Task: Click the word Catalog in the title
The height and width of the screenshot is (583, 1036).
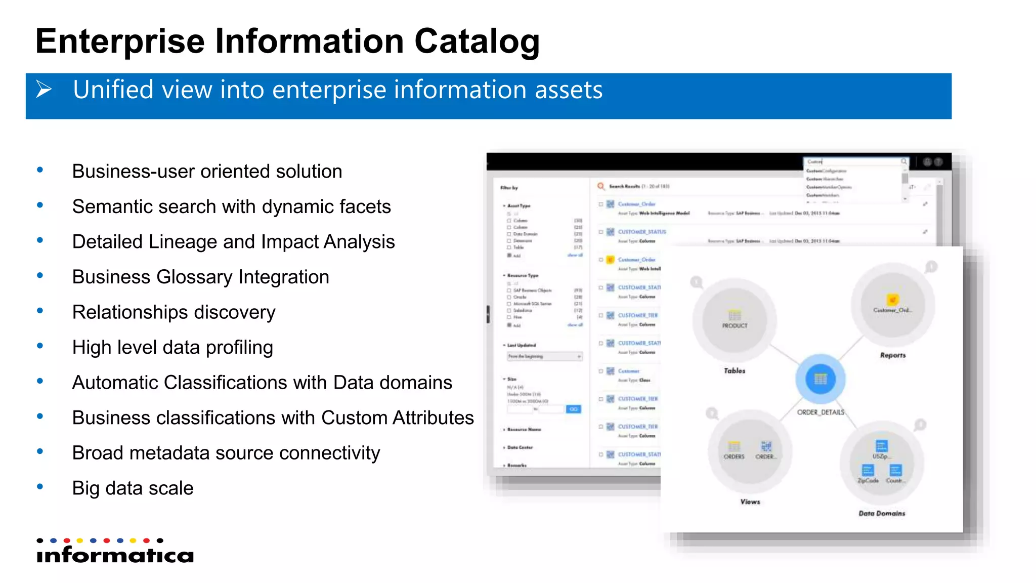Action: click(x=477, y=41)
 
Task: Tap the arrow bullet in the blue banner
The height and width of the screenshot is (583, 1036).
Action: click(x=44, y=90)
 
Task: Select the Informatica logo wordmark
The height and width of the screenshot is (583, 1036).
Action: click(x=115, y=555)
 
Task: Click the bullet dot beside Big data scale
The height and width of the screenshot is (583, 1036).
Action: click(x=40, y=487)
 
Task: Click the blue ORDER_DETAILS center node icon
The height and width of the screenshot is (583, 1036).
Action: click(x=821, y=379)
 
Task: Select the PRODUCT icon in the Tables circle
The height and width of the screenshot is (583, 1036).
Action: click(x=735, y=315)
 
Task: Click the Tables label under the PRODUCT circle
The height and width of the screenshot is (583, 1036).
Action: click(x=735, y=371)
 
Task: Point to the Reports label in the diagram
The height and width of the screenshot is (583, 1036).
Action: click(x=893, y=355)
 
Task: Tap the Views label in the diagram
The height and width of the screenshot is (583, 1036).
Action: click(x=750, y=502)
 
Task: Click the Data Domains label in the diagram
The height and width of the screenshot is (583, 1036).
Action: click(x=882, y=513)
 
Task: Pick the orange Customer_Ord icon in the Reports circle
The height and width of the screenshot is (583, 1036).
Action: click(x=893, y=299)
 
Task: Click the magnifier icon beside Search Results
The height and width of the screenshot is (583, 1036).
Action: click(x=600, y=186)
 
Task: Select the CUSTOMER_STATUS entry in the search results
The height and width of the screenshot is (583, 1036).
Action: click(x=642, y=232)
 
